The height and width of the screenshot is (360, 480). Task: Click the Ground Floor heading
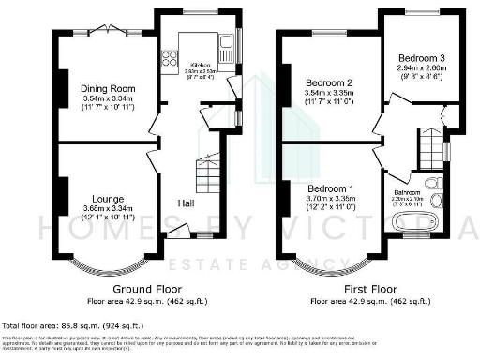(147, 289)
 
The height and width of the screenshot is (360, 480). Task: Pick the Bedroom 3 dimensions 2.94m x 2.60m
(420, 68)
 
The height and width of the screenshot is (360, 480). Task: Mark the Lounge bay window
(104, 265)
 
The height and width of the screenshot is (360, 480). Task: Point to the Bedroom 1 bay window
(333, 265)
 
